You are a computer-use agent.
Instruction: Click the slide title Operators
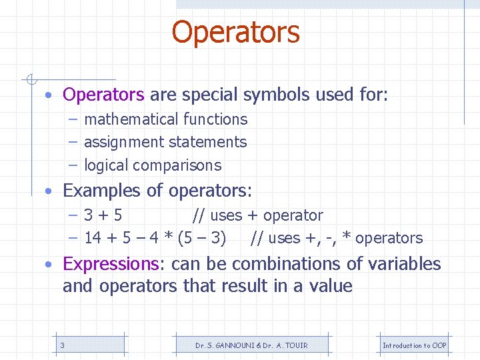235,32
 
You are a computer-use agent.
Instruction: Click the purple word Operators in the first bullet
103,95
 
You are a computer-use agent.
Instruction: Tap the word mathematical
124,119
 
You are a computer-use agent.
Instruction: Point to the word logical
107,165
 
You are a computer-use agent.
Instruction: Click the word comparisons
177,165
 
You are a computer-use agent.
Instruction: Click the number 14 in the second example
93,238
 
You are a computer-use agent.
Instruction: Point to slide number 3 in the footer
62,345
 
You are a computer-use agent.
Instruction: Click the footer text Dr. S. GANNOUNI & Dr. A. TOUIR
251,345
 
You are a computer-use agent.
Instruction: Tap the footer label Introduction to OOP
414,345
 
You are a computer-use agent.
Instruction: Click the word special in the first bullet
208,95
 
